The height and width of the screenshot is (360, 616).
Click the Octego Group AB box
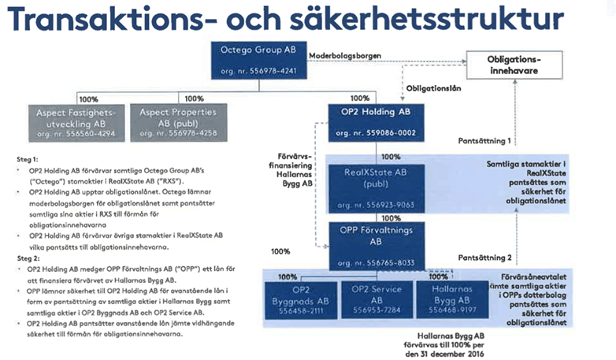click(259, 59)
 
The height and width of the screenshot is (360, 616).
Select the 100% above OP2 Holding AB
click(358, 98)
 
